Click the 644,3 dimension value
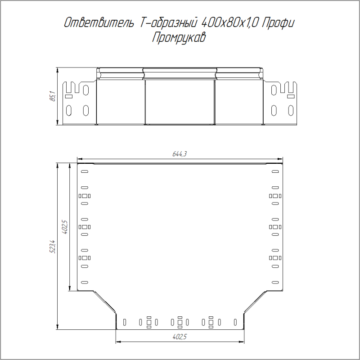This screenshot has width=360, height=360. (180, 154)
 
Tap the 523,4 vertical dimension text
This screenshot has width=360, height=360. (52, 247)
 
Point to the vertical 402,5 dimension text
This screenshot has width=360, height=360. (65, 227)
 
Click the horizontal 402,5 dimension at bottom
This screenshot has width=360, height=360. (180, 337)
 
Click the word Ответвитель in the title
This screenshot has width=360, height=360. (99, 23)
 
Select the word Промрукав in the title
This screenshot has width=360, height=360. (179, 37)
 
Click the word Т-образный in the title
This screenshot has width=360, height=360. (168, 23)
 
